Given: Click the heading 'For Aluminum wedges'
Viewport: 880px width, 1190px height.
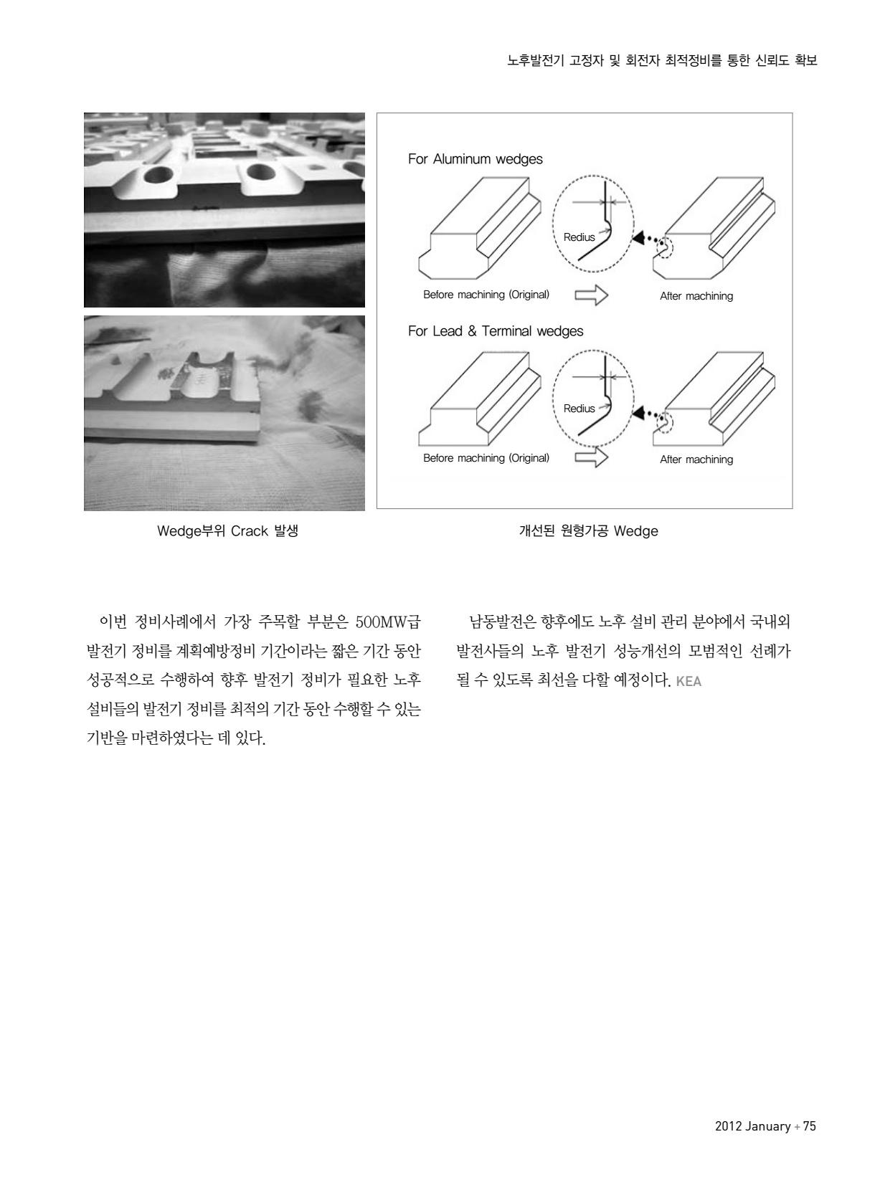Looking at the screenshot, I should tap(475, 159).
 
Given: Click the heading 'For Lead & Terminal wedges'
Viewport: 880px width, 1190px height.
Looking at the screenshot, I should tap(496, 331).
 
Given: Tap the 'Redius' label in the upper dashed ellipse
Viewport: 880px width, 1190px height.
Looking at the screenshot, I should tap(579, 237).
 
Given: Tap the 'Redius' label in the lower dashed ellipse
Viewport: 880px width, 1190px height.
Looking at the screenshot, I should tap(579, 409).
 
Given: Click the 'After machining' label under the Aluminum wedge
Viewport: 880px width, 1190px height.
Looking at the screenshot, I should tap(696, 296).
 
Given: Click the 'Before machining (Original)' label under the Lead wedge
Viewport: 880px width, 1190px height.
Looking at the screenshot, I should tap(486, 458).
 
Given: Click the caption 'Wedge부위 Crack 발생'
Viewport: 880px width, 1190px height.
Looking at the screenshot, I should tap(227, 531).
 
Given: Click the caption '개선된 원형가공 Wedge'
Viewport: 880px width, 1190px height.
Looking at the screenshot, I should tap(588, 531).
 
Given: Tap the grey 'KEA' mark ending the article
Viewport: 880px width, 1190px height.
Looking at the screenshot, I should tap(689, 681).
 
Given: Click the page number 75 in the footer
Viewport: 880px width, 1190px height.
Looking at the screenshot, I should tap(809, 1126).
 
